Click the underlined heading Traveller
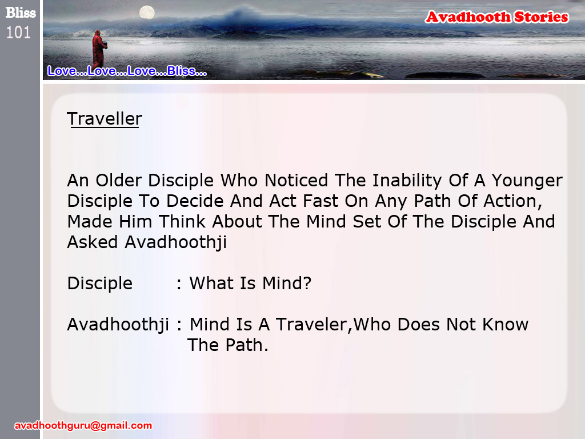click(105, 119)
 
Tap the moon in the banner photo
click(147, 13)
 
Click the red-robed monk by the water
click(99, 49)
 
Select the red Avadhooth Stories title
click(497, 17)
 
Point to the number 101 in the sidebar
click(18, 33)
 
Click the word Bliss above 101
click(21, 13)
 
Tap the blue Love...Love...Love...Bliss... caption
click(127, 71)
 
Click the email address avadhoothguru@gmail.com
click(83, 425)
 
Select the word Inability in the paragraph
click(407, 181)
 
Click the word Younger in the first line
click(527, 181)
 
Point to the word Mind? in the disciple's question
click(287, 284)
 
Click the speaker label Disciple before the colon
click(99, 284)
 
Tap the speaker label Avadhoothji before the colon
click(118, 325)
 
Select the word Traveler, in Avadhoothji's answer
click(314, 325)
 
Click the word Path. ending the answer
click(247, 345)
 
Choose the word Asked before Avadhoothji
click(93, 242)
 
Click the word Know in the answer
click(505, 325)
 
